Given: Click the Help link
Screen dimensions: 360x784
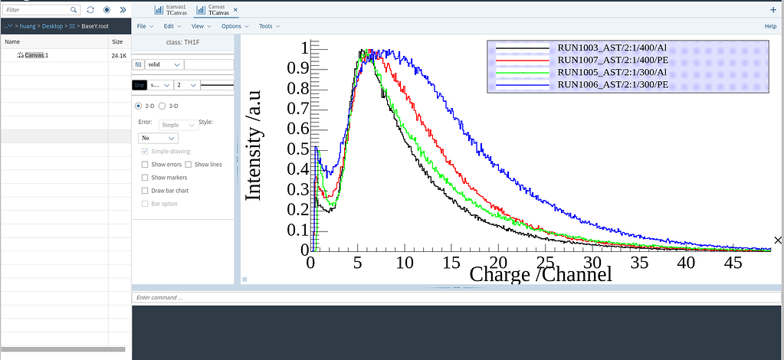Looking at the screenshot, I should [x=770, y=26].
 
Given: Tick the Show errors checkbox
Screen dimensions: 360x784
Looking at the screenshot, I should [x=146, y=165].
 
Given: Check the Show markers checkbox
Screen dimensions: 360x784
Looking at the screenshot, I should [x=146, y=178].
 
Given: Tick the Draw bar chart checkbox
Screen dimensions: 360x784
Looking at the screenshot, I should [x=146, y=191].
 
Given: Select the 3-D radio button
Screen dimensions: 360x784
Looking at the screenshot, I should [x=162, y=106].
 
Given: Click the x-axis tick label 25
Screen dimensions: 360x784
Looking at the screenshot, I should [x=545, y=262].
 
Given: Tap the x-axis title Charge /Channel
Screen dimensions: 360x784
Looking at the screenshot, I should [x=540, y=273].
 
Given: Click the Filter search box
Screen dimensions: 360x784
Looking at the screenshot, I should [x=38, y=10].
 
